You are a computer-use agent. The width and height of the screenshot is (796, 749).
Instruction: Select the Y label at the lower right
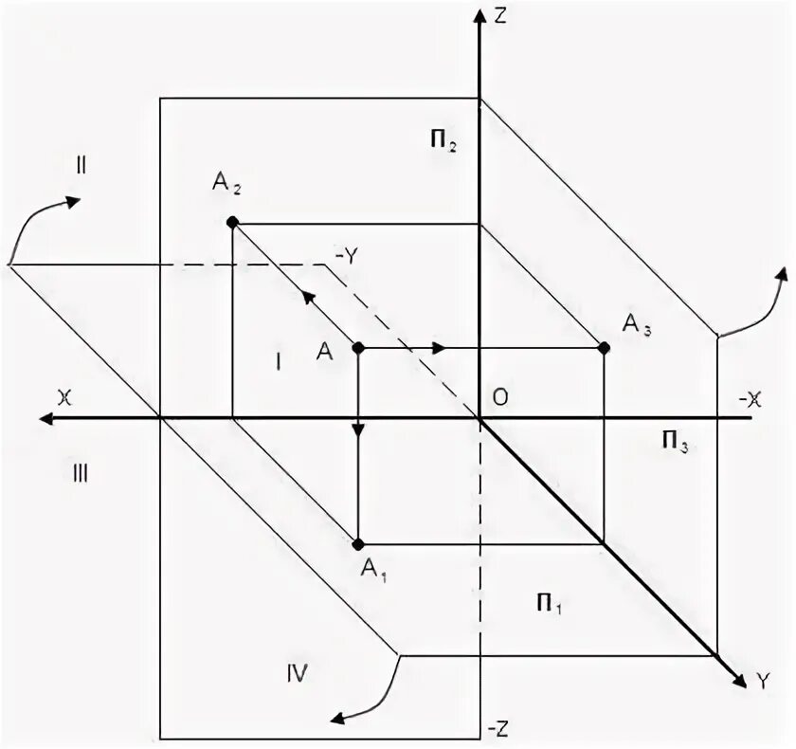click(x=760, y=680)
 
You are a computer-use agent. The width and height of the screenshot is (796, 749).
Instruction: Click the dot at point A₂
click(x=232, y=223)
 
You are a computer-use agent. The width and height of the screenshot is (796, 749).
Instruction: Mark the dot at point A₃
click(x=605, y=348)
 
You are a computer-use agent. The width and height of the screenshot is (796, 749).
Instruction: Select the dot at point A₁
click(x=358, y=544)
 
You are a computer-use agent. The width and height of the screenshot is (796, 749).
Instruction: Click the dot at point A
click(x=358, y=348)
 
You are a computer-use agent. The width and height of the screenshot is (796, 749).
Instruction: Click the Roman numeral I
click(x=278, y=361)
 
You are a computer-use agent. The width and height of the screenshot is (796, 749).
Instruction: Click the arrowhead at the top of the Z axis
click(x=481, y=16)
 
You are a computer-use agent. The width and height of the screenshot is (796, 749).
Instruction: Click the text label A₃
click(x=636, y=326)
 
